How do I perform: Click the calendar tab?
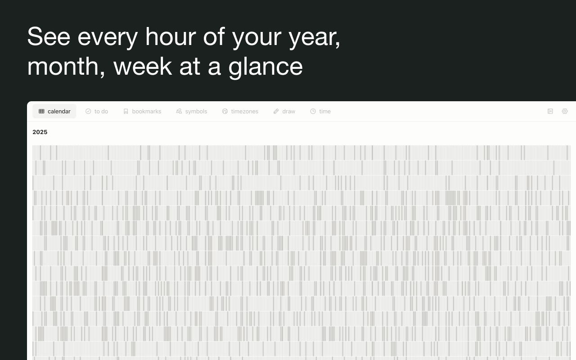pos(54,111)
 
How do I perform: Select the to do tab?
pos(97,111)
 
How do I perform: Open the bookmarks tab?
pos(142,111)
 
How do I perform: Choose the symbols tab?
pos(192,111)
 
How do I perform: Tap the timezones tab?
pos(240,111)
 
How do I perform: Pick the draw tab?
pos(284,111)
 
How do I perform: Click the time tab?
pos(320,111)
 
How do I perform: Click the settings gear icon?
pos(565,111)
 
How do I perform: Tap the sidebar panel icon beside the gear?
pos(550,111)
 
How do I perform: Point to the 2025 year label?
pos(40,132)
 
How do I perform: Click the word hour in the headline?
pos(171,37)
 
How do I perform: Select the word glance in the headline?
pos(265,67)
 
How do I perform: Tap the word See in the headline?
pos(49,37)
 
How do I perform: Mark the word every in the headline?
pos(108,39)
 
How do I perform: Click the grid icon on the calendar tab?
pos(41,111)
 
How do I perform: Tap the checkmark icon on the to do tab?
pos(88,111)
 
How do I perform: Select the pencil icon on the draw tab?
pos(276,111)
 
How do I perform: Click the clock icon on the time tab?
pos(313,111)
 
